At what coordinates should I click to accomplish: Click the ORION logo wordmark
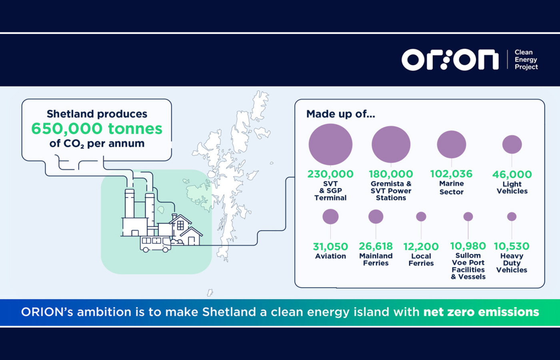pos(450,60)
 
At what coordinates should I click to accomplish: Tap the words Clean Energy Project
pos(526,60)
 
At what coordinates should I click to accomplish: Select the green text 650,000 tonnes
pos(97,128)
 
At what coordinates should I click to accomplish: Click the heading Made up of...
pos(341,114)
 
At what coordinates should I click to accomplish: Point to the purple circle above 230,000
pos(330,144)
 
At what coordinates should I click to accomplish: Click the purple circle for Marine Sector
pos(452,144)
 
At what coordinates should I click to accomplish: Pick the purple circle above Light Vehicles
pos(512,144)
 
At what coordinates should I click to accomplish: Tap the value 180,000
pos(391,174)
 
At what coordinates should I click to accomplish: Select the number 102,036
pos(452,174)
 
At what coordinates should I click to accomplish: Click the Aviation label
pos(330,256)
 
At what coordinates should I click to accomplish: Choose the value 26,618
pos(376,246)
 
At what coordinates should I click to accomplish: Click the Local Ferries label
pos(421,260)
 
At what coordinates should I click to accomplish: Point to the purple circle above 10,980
pos(468,216)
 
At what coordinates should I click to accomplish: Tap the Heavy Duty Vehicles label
pos(512,263)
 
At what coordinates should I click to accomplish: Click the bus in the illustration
pos(156,244)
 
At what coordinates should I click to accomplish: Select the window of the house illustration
pos(180,225)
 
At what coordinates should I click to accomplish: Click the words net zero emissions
pos(481,312)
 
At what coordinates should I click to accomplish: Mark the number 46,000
pos(512,174)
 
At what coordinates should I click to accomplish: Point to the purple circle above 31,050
pos(330,216)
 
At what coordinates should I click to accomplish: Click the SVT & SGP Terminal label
pos(330,191)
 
